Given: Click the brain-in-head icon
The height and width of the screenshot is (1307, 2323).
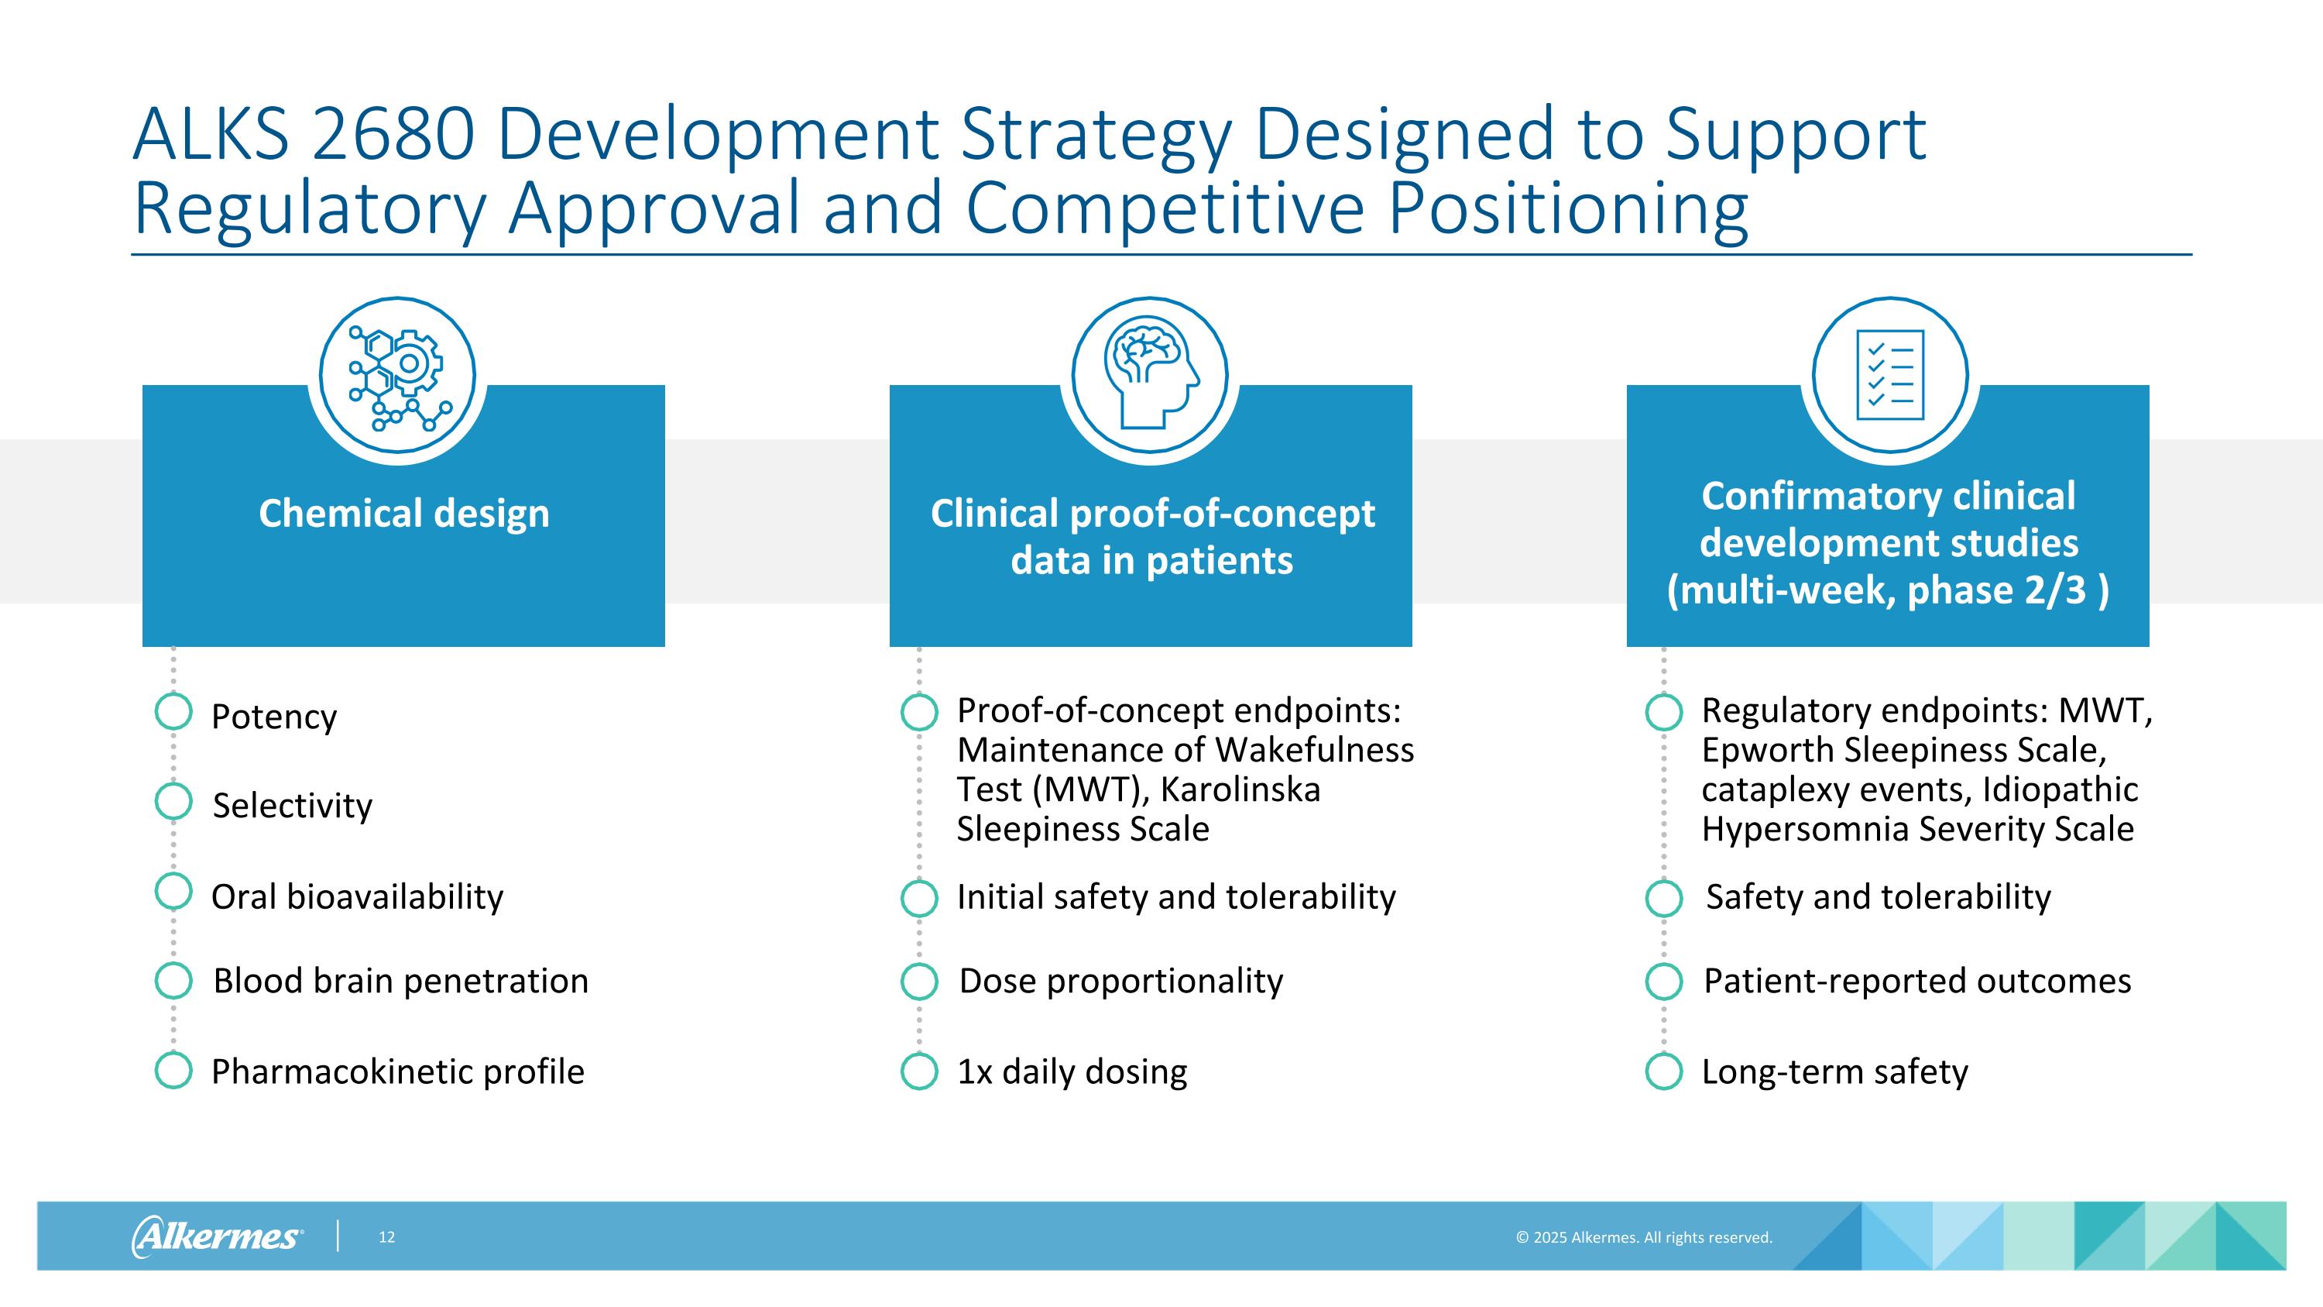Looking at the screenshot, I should [1150, 375].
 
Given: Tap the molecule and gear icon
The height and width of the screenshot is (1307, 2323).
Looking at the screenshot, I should [398, 375].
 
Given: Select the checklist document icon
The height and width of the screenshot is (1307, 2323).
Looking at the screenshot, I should [1890, 375].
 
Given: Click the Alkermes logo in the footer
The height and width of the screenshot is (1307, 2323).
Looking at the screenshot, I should [218, 1236].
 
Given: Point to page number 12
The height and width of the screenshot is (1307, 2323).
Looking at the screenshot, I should [387, 1237].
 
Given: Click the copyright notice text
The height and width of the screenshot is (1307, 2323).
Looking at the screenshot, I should [1643, 1237].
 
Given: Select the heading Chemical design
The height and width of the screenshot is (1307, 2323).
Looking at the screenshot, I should [403, 513].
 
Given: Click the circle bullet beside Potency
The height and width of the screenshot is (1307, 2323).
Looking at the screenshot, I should [173, 712].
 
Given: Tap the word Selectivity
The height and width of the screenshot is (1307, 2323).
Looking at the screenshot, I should [292, 806].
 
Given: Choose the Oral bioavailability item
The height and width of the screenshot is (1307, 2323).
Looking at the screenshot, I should [357, 896].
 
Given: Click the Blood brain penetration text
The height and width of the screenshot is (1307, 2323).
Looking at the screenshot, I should [400, 981].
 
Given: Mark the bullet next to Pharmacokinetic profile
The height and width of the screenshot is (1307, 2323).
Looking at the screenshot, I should [173, 1071].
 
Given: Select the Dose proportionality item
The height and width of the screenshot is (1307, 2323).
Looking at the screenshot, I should [1120, 981].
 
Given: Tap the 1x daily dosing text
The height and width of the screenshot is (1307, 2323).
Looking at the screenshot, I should [1072, 1071].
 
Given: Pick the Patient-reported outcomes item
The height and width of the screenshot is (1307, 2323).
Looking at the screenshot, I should [1916, 981].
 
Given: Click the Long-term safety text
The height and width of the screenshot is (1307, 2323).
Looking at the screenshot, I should [1834, 1071].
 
